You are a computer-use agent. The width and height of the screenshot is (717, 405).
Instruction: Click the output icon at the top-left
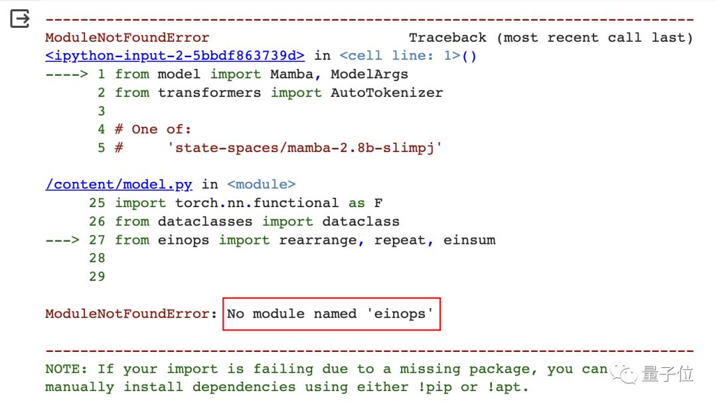pos(20,20)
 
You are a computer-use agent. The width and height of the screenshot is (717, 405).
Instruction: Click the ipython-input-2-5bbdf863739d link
pos(175,56)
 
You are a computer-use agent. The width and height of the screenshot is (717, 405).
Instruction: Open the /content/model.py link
pos(119,185)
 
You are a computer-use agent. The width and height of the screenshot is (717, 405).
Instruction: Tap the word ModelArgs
pos(369,74)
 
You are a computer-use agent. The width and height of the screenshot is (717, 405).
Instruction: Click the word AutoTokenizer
pos(386,93)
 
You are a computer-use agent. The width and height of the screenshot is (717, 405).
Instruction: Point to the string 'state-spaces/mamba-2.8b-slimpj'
pos(305,148)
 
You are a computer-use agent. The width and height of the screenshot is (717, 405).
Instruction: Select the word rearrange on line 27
pos(317,240)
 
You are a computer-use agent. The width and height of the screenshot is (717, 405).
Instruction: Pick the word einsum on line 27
pos(469,240)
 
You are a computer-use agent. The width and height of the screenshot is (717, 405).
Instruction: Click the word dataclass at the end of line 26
pos(360,221)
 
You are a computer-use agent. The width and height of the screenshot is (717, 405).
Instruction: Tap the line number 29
pos(97,276)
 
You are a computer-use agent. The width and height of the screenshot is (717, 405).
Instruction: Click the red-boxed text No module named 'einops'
pos(331,313)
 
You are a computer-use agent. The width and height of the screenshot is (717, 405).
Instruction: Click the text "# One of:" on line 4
pos(153,129)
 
